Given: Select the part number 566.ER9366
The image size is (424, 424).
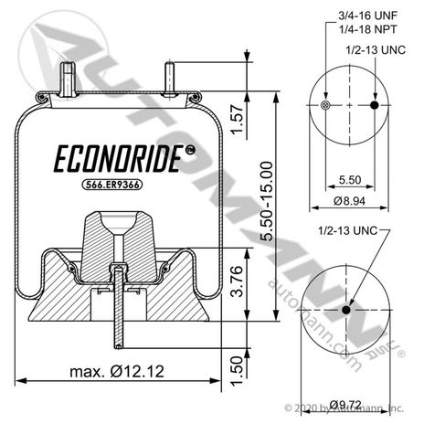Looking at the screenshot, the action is [x=112, y=185].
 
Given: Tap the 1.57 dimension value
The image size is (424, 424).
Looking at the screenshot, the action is [x=238, y=120].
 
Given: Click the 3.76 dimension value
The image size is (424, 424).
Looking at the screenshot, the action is [x=238, y=281].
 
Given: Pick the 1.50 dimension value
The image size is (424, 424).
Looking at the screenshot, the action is [x=238, y=371].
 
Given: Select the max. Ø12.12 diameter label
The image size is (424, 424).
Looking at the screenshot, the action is [x=117, y=372].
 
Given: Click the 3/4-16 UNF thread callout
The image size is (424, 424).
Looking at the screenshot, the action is [x=368, y=16].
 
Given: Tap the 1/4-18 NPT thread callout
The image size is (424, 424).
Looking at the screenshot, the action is [x=368, y=29].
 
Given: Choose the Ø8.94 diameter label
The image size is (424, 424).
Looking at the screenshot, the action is [x=349, y=201].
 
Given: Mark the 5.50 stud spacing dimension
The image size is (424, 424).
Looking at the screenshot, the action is [x=350, y=180].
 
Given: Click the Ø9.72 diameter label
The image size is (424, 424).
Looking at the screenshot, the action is [x=345, y=405].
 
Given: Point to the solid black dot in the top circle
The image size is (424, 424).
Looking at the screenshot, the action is [x=375, y=105].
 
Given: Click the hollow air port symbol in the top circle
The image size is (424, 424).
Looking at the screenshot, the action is [x=325, y=105].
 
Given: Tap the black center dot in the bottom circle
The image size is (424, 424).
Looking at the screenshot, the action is [x=346, y=310].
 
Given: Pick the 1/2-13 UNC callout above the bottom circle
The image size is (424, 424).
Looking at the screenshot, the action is [x=348, y=230].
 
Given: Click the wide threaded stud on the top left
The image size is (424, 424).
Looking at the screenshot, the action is [x=68, y=79].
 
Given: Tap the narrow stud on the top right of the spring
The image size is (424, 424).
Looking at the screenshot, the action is [x=170, y=79].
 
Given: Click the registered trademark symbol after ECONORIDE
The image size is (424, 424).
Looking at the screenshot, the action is [x=191, y=150].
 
